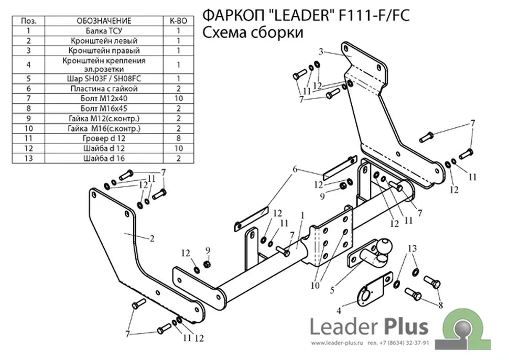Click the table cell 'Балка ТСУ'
click(104, 31)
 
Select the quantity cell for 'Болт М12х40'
click(178, 98)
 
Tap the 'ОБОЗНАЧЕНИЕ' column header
click(104, 21)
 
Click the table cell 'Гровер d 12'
click(104, 139)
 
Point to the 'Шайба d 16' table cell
click(104, 158)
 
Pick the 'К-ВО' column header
click(178, 21)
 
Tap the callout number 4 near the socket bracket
click(338, 311)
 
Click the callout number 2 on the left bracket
click(152, 239)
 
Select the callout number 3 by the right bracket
click(321, 51)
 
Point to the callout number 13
click(412, 248)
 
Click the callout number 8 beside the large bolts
click(440, 305)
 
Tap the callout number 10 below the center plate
click(315, 285)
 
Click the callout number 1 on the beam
click(302, 215)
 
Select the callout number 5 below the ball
click(332, 290)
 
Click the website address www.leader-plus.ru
click(337, 343)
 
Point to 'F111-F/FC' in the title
click(374, 15)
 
